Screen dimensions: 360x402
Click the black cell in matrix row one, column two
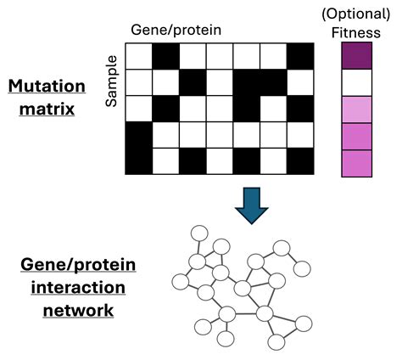click(166, 55)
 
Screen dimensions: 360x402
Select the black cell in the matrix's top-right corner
click(300, 55)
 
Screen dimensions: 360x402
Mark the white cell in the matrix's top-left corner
click(139, 55)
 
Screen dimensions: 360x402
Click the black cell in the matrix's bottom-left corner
click(139, 161)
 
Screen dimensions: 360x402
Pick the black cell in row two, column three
click(193, 82)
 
